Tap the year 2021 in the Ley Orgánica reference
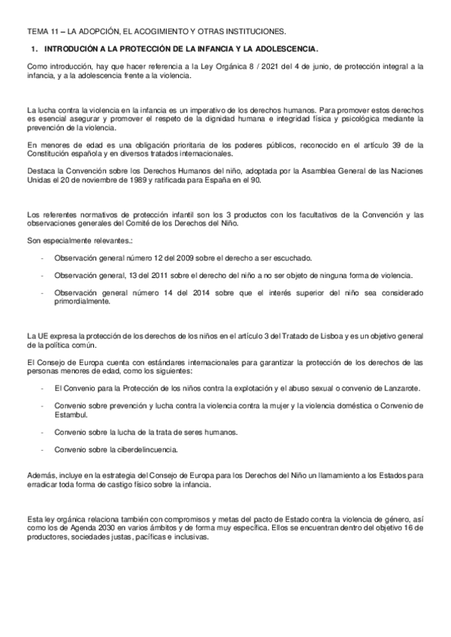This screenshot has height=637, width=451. click(269, 67)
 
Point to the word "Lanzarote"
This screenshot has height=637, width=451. click(398, 388)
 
